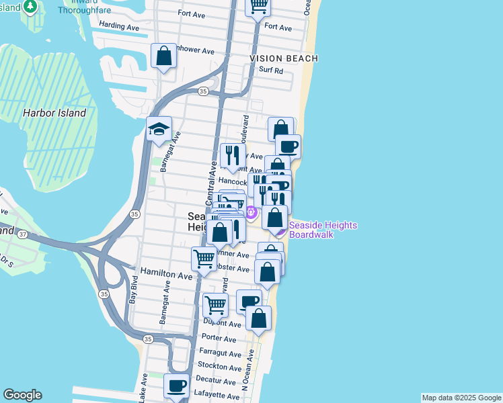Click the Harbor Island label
pos(54,113)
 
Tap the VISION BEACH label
pos(284,58)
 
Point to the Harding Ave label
pos(118,26)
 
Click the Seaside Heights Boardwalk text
pos(323,230)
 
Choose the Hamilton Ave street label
pos(166,275)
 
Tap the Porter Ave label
pos(221,338)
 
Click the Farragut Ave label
pos(221,353)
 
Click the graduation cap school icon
pos(159,129)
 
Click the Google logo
pos(22,395)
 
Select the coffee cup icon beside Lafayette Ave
pos(177,386)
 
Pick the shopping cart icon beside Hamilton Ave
pos(204,258)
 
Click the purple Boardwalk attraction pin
pos(251,213)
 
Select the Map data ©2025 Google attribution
pos(461,398)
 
